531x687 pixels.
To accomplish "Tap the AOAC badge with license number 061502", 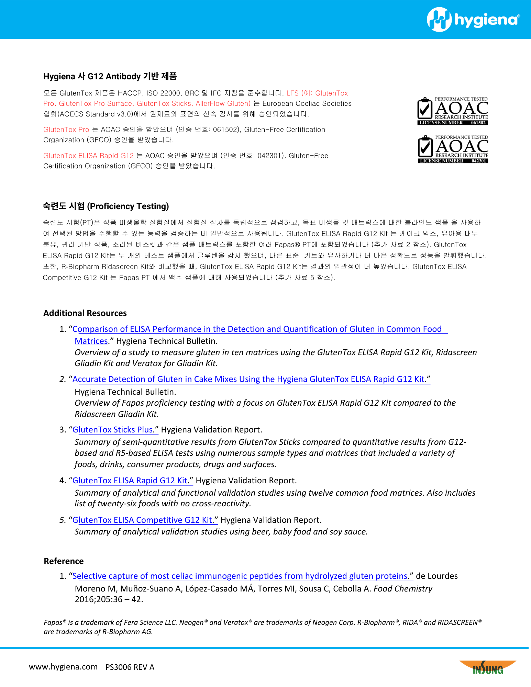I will click(x=453, y=111).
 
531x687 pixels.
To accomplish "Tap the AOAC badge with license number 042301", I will click(x=453, y=149).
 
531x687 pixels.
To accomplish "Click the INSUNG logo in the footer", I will click(x=488, y=667).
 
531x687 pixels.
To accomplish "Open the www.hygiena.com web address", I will click(x=63, y=667).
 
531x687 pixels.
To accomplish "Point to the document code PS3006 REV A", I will click(x=130, y=667).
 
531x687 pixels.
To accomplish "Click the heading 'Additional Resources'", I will click(x=85, y=313).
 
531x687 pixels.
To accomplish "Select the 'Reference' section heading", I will click(x=64, y=561).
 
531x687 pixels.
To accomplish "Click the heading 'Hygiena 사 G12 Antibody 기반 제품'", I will click(x=110, y=76).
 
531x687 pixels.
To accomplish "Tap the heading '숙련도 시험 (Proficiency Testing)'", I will click(x=106, y=206).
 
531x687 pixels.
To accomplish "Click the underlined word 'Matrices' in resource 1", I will click(x=91, y=341).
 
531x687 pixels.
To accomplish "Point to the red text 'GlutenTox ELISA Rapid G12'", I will click(x=88, y=156).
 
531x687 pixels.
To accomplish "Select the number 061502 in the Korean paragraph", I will click(x=226, y=129).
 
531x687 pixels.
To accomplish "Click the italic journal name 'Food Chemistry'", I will click(x=403, y=588).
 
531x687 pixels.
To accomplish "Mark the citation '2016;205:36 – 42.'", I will click(x=109, y=599).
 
